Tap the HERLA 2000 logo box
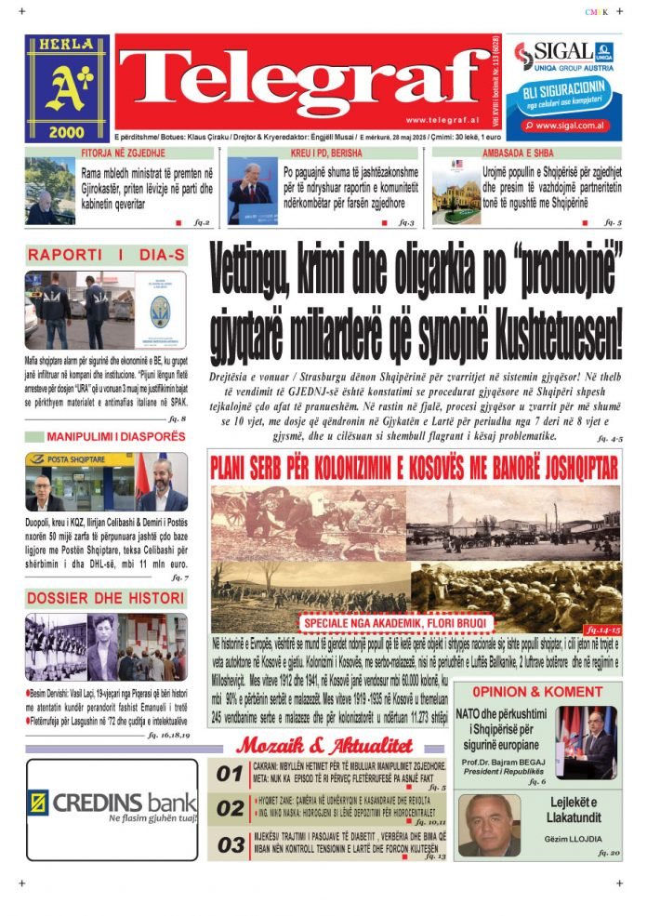coord(66,88)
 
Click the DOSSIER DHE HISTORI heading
coord(105,598)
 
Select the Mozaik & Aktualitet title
coord(323,745)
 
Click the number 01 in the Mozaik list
coord(230,773)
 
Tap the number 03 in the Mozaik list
coord(230,844)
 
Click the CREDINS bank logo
coord(112,803)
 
